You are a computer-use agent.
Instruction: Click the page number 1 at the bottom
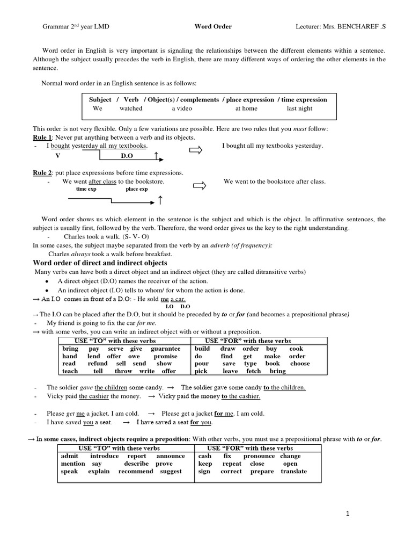coord(348,514)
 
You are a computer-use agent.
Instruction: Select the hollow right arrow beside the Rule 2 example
coord(199,186)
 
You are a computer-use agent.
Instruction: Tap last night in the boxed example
coord(299,108)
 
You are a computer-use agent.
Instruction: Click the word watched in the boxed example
coord(131,108)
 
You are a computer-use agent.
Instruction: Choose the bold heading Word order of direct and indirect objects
coord(100,263)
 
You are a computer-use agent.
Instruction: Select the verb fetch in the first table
coord(254,371)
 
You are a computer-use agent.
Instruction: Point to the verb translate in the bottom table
coord(293,471)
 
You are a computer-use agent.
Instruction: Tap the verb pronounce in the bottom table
coord(259,456)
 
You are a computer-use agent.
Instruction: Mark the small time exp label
coord(86,190)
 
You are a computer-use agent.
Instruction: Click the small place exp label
coord(136,190)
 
